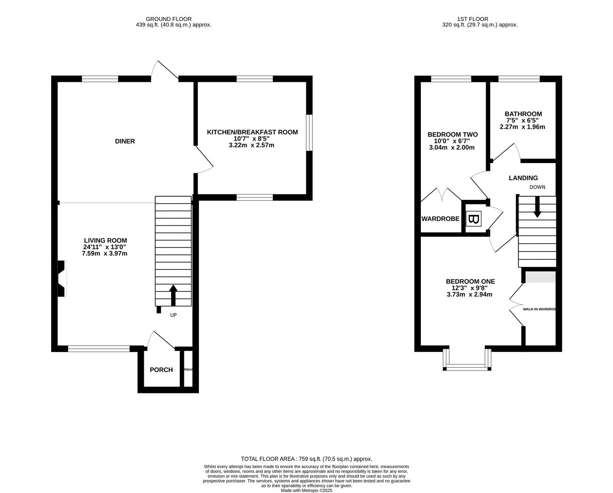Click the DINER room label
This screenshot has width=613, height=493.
tap(125, 142)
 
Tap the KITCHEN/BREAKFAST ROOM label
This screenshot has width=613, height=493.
tap(252, 132)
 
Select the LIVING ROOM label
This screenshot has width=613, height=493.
tap(105, 241)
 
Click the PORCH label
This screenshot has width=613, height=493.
tap(161, 370)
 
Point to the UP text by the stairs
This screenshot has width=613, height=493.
tap(173, 315)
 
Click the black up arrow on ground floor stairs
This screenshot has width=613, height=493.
tap(173, 295)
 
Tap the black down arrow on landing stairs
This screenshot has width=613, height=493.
tap(537, 207)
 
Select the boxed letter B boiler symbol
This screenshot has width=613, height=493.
tap(474, 220)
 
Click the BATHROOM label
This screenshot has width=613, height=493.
tap(523, 114)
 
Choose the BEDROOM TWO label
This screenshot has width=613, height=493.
tap(452, 135)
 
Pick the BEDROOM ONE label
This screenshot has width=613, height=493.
tap(470, 282)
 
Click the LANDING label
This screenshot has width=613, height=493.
tap(523, 178)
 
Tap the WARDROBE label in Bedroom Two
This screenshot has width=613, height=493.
tap(440, 219)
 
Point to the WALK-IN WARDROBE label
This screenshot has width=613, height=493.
tap(539, 309)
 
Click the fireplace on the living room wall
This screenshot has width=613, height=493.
tap(62, 278)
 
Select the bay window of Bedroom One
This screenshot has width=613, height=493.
tap(467, 365)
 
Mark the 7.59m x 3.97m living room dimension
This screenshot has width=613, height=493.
tap(105, 253)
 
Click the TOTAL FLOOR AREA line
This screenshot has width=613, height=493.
tap(306, 459)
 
